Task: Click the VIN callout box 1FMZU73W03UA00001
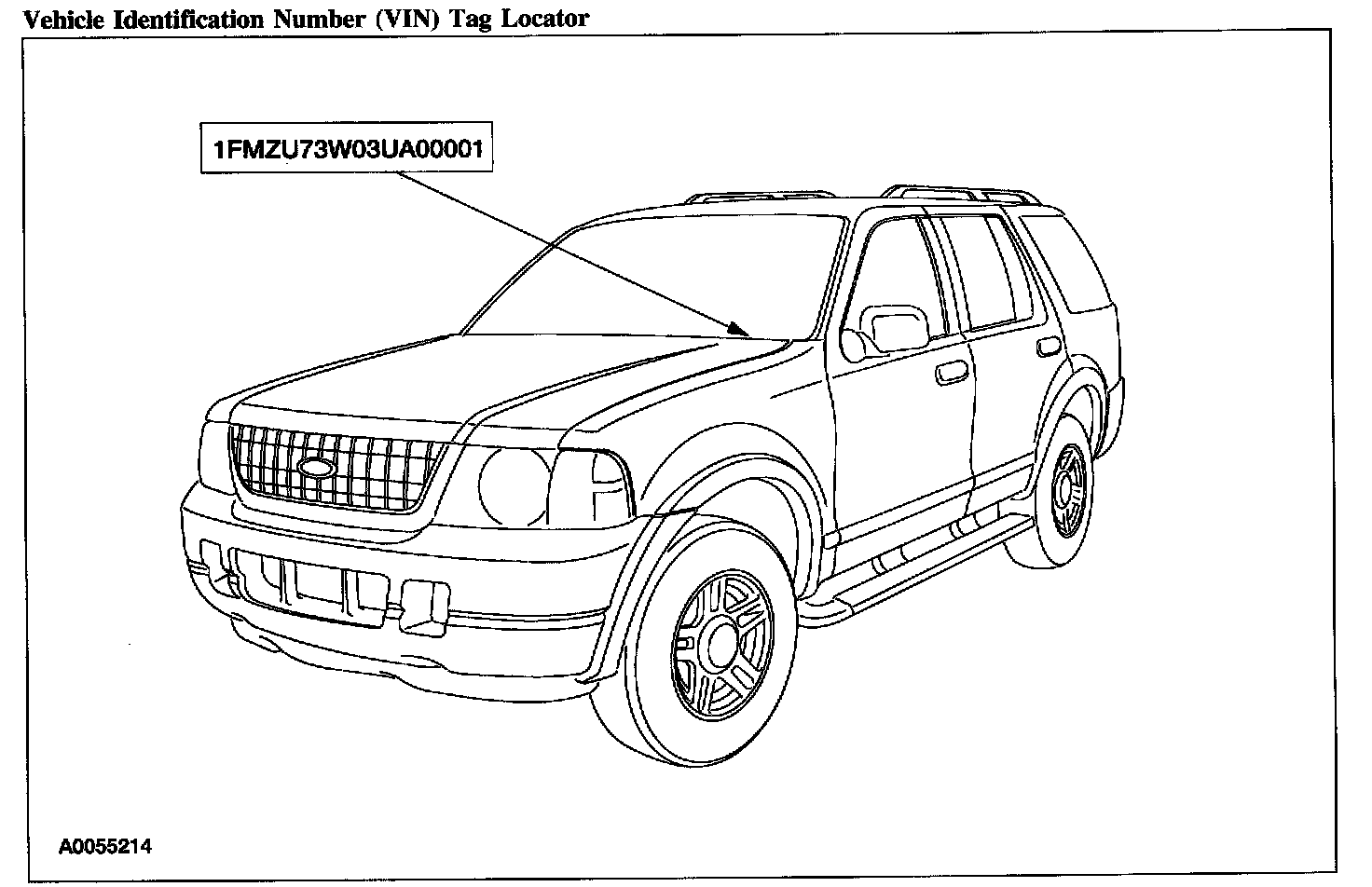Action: pyautogui.click(x=346, y=148)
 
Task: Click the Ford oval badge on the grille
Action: pyautogui.click(x=317, y=467)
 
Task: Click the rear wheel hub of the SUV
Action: pyautogui.click(x=1068, y=488)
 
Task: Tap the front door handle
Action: pyautogui.click(x=952, y=373)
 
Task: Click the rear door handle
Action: pyautogui.click(x=1050, y=346)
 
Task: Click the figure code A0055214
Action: pyautogui.click(x=105, y=847)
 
